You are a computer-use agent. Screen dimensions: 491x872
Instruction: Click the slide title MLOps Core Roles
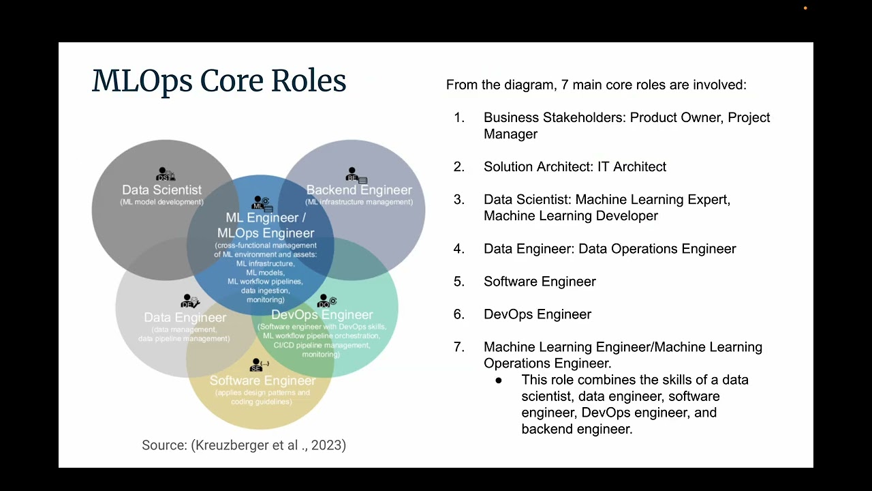pyautogui.click(x=219, y=81)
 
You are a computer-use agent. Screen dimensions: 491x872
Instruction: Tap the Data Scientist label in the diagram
pyautogui.click(x=161, y=190)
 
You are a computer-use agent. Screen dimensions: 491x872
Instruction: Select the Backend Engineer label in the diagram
pyautogui.click(x=359, y=190)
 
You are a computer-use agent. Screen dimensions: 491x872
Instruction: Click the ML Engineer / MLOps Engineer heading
pyautogui.click(x=266, y=225)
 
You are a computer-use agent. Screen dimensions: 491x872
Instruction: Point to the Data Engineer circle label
pyautogui.click(x=185, y=317)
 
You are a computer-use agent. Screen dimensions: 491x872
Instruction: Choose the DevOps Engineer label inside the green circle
pyautogui.click(x=322, y=314)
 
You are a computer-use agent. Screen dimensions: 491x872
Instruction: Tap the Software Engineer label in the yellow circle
pyautogui.click(x=262, y=381)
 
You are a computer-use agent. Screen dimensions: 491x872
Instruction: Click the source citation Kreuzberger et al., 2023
pyautogui.click(x=244, y=445)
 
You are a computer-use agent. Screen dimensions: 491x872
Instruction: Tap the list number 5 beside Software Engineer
pyautogui.click(x=458, y=282)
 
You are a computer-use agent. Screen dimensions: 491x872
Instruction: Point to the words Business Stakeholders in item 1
pyautogui.click(x=553, y=117)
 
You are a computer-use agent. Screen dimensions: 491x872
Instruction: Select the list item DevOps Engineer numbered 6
pyautogui.click(x=538, y=314)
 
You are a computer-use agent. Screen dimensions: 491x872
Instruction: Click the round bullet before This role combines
pyautogui.click(x=499, y=381)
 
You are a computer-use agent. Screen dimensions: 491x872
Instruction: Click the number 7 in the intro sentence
pyautogui.click(x=565, y=85)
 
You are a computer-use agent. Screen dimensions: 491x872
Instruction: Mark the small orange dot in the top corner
pyautogui.click(x=805, y=8)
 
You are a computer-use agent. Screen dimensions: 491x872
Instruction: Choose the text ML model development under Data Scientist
pyautogui.click(x=161, y=202)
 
